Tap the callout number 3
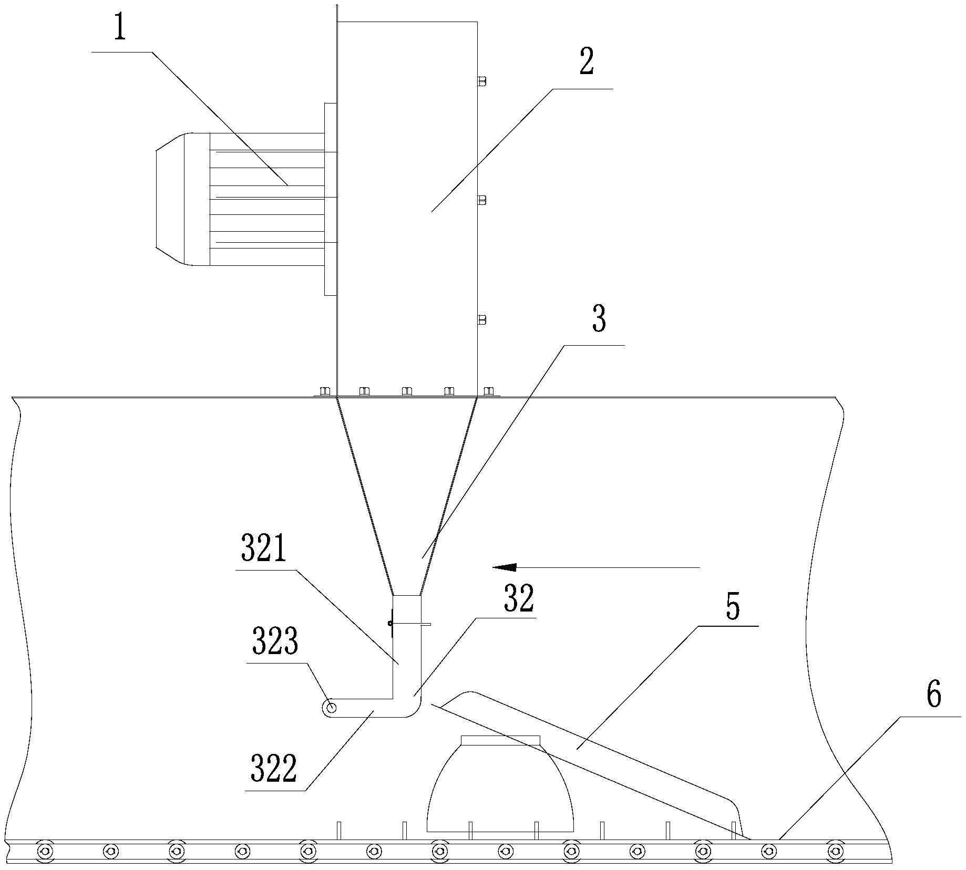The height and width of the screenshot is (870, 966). tap(599, 319)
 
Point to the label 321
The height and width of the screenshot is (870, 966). tap(264, 548)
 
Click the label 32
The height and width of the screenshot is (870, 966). tap(519, 599)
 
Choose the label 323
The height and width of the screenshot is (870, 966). tap(275, 641)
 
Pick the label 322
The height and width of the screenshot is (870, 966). tap(274, 768)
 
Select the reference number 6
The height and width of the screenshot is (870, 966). tap(933, 695)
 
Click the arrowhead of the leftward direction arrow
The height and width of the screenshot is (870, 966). tap(505, 567)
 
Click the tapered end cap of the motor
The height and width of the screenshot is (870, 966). tap(170, 199)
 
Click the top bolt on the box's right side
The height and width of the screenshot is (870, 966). tap(481, 81)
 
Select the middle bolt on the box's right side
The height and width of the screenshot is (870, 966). tap(481, 200)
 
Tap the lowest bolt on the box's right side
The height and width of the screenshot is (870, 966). tap(481, 319)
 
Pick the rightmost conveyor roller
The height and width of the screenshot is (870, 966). tap(835, 850)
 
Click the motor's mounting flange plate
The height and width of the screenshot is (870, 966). tap(330, 199)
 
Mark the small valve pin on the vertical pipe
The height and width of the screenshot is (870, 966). tap(391, 624)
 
